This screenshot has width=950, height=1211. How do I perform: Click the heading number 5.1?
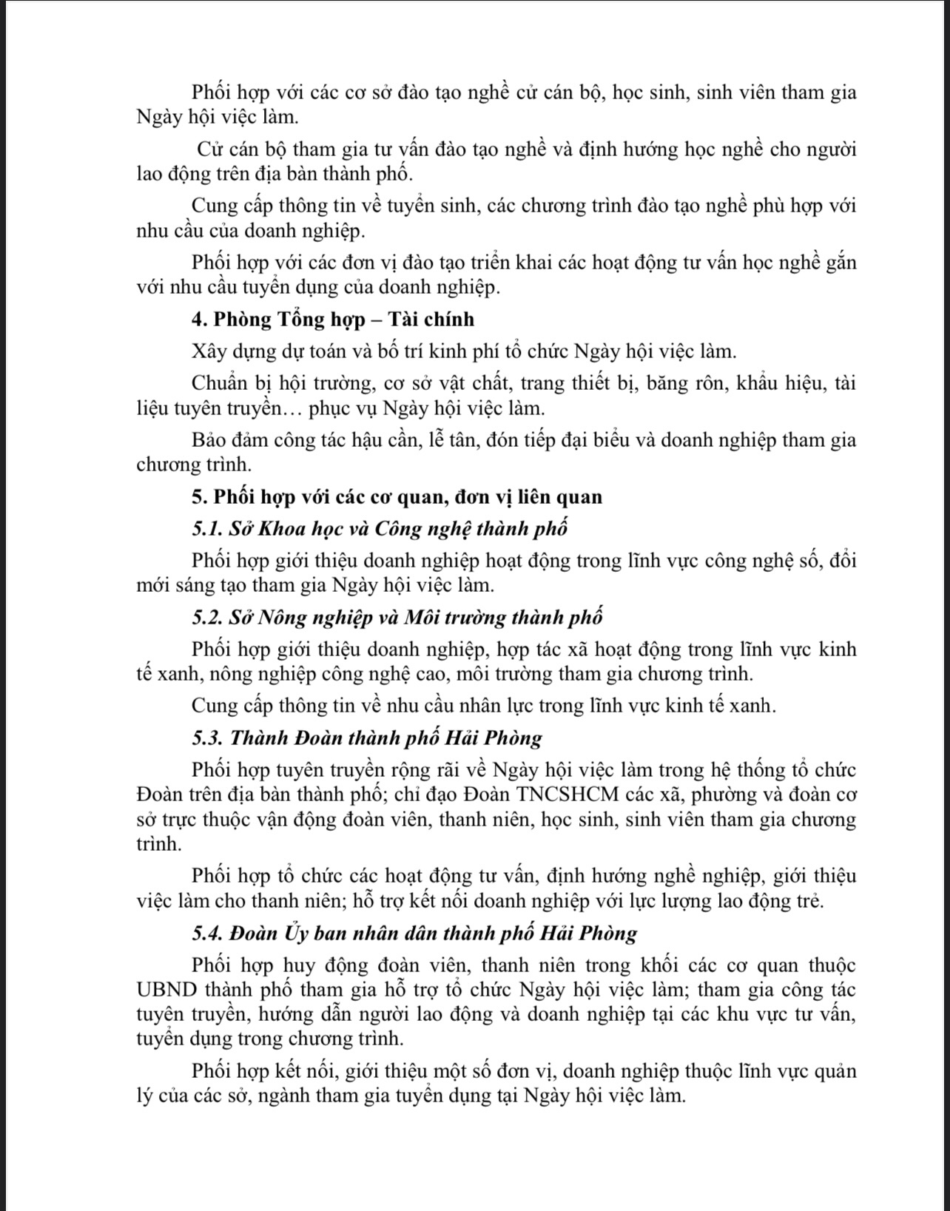[x=205, y=529]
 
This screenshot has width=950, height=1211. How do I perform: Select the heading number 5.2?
[x=205, y=617]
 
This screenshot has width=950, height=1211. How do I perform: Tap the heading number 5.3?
[x=205, y=738]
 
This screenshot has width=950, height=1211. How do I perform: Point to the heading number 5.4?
[x=205, y=934]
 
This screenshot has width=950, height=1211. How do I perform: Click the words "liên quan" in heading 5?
[x=564, y=497]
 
